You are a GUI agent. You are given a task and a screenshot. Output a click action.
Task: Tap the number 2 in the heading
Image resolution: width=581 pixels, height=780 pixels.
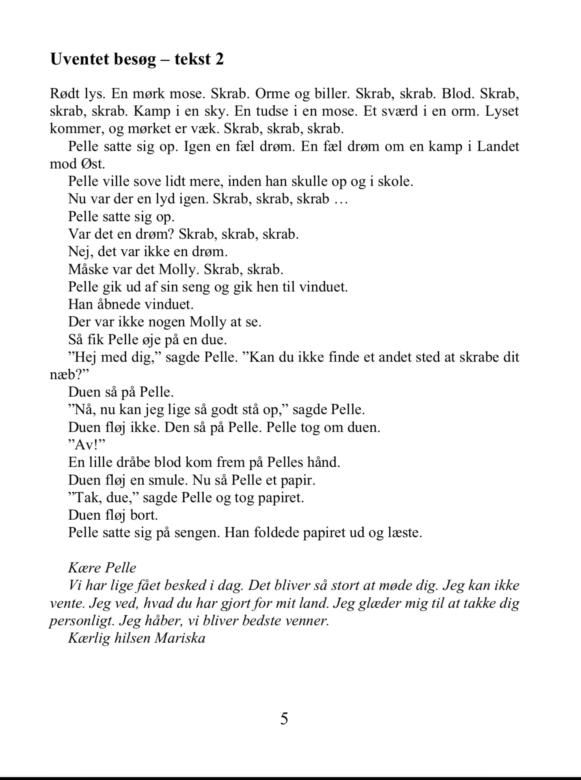point(219,59)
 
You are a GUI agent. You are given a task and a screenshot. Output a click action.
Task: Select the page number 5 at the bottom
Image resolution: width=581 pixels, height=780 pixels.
point(284,719)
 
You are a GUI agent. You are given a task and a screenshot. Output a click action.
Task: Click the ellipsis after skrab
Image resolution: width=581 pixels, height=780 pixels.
point(341,199)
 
